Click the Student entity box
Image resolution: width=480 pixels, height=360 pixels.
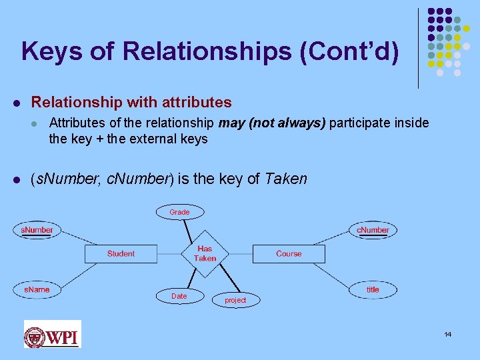(120, 253)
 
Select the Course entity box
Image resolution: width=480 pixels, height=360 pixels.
(289, 253)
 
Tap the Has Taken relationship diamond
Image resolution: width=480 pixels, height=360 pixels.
(205, 253)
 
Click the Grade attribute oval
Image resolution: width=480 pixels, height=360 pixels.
(179, 212)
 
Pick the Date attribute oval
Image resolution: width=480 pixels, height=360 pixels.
(179, 296)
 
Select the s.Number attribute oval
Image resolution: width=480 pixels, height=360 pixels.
(37, 230)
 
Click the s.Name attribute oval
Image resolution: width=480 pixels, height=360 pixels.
(37, 289)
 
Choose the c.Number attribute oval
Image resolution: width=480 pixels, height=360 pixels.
(373, 230)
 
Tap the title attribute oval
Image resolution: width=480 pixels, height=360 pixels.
(373, 289)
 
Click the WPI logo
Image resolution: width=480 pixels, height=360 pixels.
(52, 334)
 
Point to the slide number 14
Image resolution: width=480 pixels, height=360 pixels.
(447, 334)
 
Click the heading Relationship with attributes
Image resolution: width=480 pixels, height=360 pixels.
(131, 102)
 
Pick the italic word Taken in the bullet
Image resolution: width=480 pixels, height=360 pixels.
(286, 178)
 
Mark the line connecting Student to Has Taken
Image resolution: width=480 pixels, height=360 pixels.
(169, 253)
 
